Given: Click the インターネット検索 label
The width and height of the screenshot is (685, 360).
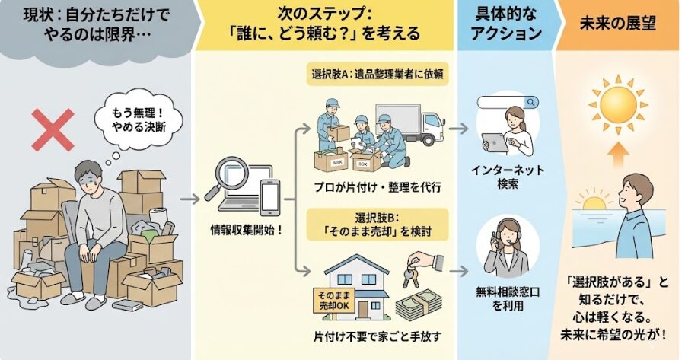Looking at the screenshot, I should click(508, 177).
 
